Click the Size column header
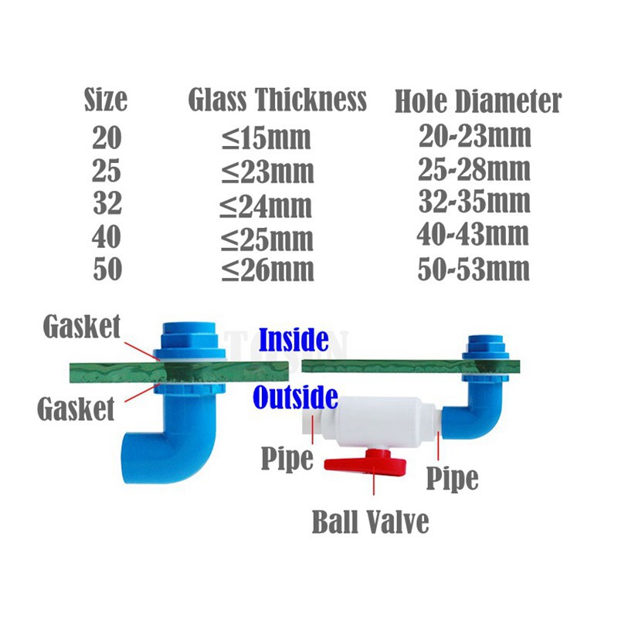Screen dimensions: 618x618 coord(106,100)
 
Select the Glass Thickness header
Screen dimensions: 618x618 coord(277,100)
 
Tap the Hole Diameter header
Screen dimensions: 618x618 coord(478,102)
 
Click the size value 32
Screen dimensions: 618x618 coord(107,204)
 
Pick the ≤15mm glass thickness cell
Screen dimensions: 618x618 coord(267,138)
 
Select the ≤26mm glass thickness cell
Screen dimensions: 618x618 coord(268,270)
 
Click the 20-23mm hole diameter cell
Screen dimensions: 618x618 coord(475,137)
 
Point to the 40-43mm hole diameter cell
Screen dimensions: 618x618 coord(474,234)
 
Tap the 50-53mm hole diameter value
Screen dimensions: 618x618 coord(474,269)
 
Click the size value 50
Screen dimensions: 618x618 coord(107,270)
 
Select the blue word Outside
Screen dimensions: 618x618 coord(296,397)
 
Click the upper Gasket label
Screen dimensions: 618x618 coord(81,327)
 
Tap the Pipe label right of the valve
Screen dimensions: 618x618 coord(453,477)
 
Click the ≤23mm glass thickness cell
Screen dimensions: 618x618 coord(268,171)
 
